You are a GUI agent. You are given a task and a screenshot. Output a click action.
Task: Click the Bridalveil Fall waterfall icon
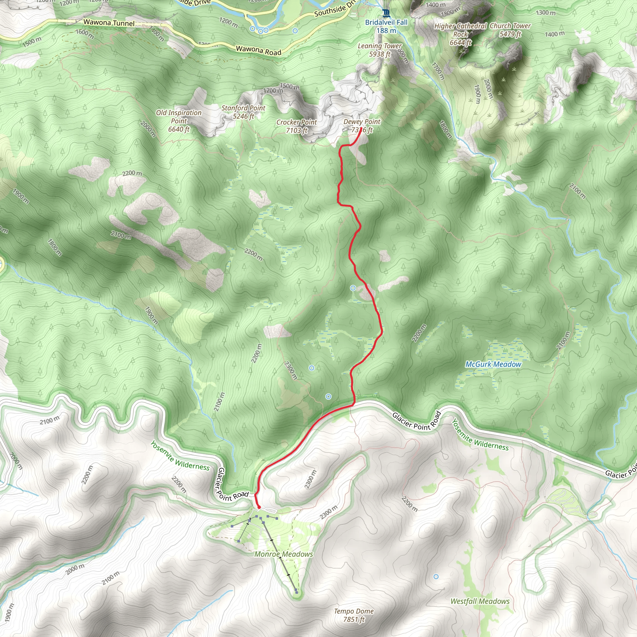tap(386, 13)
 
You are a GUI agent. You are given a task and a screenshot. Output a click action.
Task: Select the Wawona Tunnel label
tap(109, 23)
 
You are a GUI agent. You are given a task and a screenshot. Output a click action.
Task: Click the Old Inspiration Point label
tap(179, 121)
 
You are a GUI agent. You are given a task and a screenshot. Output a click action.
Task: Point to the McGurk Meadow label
tap(493, 364)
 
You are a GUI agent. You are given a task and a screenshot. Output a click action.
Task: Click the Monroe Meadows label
tap(284, 554)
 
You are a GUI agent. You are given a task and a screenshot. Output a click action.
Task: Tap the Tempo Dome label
tap(354, 611)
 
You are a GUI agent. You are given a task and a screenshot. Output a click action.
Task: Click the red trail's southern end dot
tap(259, 507)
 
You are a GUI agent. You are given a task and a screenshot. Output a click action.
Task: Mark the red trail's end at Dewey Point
tap(361, 128)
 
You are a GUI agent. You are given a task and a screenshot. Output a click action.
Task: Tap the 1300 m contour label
tap(545, 13)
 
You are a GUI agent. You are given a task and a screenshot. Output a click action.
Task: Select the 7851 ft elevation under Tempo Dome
tap(354, 620)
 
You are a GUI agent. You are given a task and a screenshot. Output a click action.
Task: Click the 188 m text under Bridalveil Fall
tap(386, 31)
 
